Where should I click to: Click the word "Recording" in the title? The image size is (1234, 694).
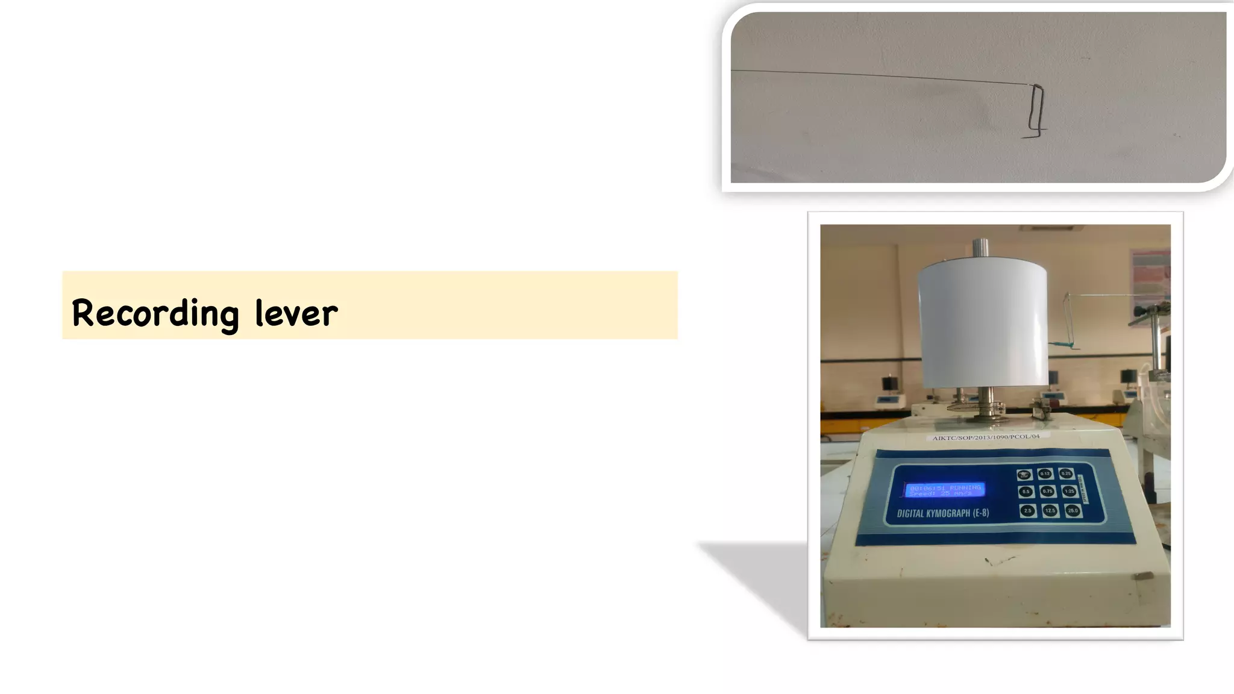[155, 314]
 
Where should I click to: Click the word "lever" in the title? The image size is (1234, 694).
[296, 314]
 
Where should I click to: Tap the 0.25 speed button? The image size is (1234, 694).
[1066, 474]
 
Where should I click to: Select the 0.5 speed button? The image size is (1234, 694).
[1026, 492]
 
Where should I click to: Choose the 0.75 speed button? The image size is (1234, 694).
[1047, 492]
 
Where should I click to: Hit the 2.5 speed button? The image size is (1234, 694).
[1027, 511]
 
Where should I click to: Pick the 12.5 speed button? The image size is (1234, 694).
[1050, 511]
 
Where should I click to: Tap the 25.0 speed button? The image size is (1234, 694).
[1073, 511]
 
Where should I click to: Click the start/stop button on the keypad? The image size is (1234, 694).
[1024, 475]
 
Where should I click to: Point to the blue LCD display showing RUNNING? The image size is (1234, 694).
[945, 490]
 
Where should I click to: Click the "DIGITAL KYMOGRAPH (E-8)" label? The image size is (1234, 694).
[942, 513]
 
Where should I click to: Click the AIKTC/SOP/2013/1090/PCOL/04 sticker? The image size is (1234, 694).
[986, 437]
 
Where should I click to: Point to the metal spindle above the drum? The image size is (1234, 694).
[980, 247]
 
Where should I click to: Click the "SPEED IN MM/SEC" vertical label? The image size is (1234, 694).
[1083, 489]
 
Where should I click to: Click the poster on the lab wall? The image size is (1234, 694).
[1151, 277]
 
